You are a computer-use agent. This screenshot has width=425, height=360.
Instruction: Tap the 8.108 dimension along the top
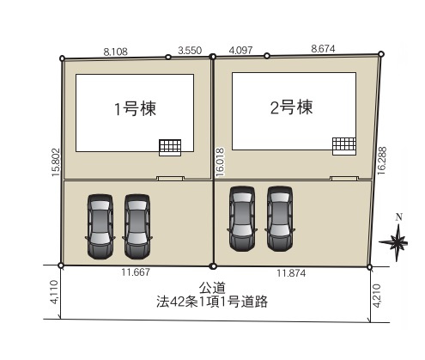click(115, 52)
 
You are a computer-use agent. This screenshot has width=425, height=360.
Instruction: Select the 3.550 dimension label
click(190, 51)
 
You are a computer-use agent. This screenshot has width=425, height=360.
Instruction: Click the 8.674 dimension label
click(324, 50)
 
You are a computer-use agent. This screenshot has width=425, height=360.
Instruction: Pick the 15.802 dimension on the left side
click(54, 161)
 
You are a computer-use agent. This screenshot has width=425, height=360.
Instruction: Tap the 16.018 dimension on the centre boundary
click(221, 162)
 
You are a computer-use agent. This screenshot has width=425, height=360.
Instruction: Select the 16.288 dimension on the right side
click(382, 161)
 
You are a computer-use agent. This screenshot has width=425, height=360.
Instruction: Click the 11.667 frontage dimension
click(136, 274)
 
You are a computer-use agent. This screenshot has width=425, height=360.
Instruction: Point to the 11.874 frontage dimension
click(292, 274)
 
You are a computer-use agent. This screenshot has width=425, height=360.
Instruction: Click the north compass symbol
click(399, 241)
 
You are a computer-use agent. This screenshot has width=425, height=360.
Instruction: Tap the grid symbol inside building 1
click(170, 146)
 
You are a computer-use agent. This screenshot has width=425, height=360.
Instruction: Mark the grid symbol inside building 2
click(344, 144)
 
